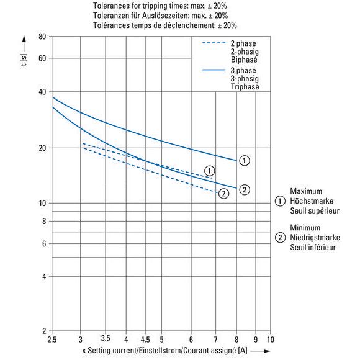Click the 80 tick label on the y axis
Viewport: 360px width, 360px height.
42,37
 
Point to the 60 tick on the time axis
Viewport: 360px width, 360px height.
42,58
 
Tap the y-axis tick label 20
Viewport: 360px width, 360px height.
42,148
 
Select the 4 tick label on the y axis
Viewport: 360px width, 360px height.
44,277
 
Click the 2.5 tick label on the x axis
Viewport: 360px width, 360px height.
52,340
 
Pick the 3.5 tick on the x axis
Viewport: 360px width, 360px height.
106,338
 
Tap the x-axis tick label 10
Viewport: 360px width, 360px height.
271,340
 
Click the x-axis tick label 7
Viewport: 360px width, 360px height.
215,340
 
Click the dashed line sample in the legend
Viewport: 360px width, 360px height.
214,43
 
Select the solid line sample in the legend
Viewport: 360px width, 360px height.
214,70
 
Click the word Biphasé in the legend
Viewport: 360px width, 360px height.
244,60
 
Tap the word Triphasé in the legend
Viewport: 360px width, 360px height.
245,87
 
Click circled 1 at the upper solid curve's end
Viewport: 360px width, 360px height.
245,161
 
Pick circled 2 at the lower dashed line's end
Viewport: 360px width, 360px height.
223,194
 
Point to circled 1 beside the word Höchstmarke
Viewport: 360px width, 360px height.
280,201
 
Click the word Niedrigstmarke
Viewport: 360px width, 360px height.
315,237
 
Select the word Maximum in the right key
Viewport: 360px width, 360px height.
306,191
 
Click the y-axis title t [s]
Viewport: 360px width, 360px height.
24,60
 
